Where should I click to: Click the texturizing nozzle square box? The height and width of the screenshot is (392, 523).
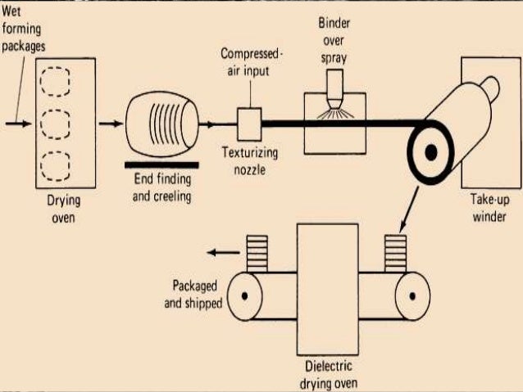(x=247, y=125)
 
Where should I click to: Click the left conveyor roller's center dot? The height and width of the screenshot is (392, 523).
(x=246, y=294)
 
